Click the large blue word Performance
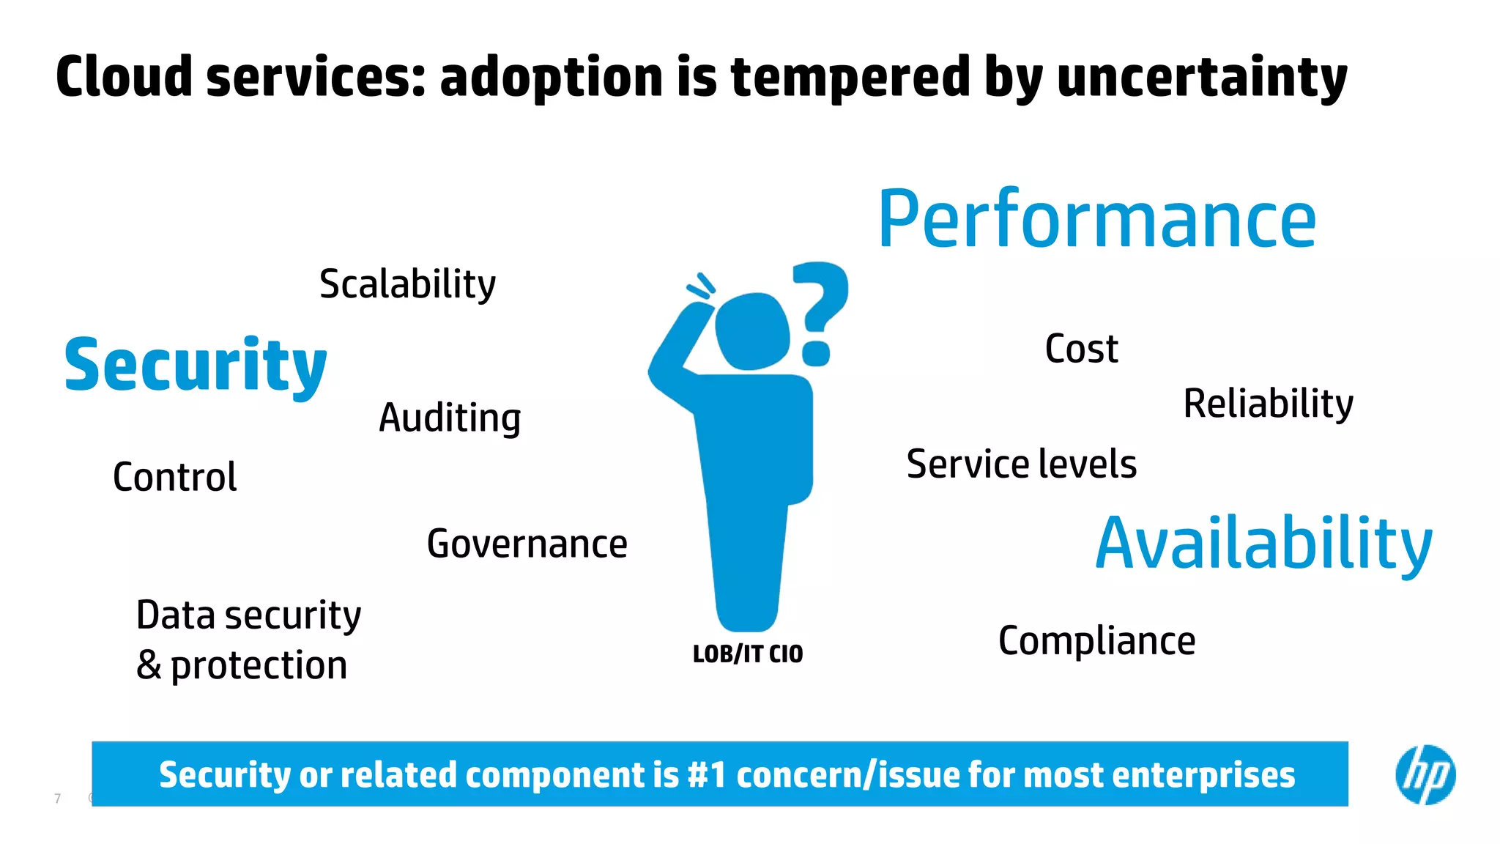click(1096, 219)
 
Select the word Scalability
click(407, 284)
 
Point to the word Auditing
click(450, 418)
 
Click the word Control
click(174, 477)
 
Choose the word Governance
click(527, 544)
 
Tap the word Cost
click(1081, 349)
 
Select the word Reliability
click(1268, 404)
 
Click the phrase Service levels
click(1021, 464)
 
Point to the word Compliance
click(1096, 641)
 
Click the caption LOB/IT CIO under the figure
click(747, 654)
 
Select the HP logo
click(1425, 774)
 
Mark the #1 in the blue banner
click(707, 775)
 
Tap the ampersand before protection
click(149, 665)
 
